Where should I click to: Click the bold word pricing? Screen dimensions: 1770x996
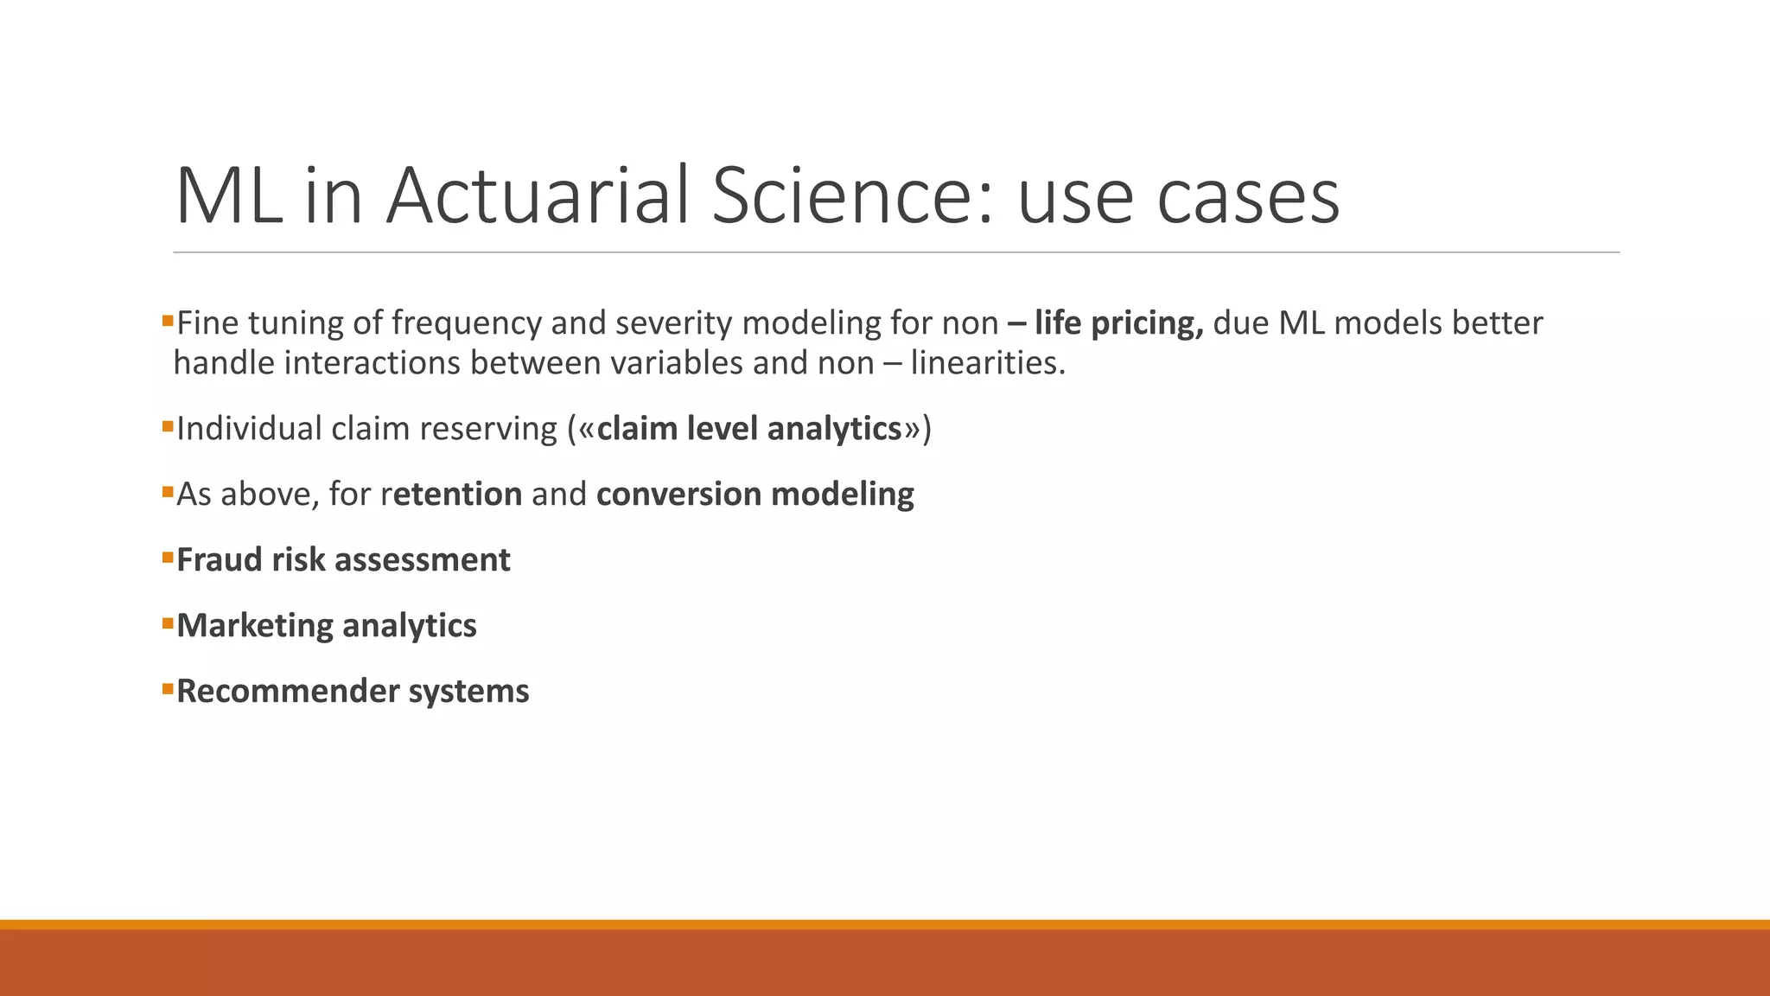click(1148, 323)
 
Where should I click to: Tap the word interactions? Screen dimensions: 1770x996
click(372, 362)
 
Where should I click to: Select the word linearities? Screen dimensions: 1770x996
click(988, 362)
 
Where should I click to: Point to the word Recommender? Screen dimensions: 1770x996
click(288, 692)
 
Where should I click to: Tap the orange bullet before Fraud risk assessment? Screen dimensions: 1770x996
click(168, 558)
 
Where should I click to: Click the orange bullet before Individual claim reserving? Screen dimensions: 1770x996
click(168, 426)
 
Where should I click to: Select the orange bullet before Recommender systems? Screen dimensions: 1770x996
click(168, 689)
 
